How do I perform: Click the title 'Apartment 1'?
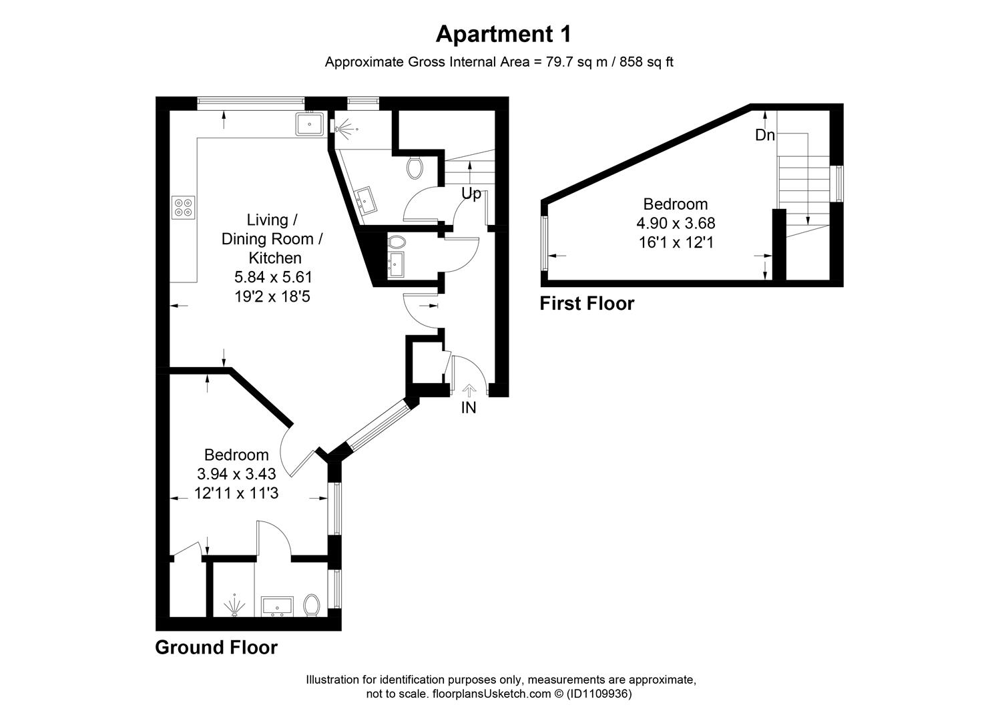[x=503, y=33]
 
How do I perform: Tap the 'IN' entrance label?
[x=469, y=407]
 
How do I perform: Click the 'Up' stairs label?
[x=471, y=194]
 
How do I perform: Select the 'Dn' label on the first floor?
[x=764, y=135]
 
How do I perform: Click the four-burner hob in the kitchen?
[x=184, y=206]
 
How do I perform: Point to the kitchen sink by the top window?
[x=310, y=124]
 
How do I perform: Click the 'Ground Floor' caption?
[x=216, y=647]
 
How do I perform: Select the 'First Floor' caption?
[x=587, y=303]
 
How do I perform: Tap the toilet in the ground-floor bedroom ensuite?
[x=312, y=606]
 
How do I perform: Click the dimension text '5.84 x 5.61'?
[x=273, y=276]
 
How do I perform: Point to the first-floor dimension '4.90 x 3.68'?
[x=676, y=223]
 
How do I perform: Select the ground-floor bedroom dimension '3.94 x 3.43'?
[x=236, y=474]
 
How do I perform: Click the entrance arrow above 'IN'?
[x=469, y=390]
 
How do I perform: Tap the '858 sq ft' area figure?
[x=646, y=62]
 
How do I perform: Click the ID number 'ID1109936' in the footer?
[x=597, y=694]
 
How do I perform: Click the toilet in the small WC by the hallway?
[x=397, y=241]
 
